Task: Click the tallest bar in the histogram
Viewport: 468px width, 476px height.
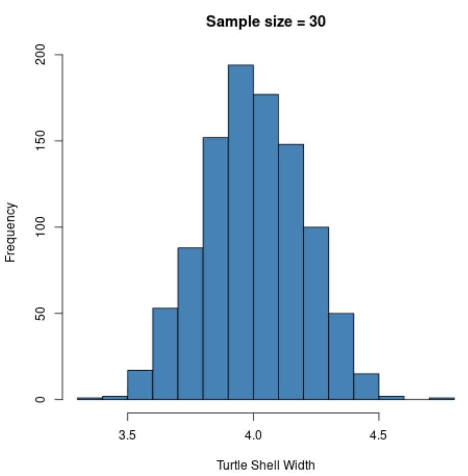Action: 241,231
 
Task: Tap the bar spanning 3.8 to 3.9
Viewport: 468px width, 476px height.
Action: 215,268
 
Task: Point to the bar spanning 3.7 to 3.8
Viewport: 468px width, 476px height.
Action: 190,323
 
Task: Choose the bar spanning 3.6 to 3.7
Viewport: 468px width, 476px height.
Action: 165,354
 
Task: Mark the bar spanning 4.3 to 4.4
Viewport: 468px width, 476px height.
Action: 341,356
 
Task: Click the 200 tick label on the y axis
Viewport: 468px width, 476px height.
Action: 41,55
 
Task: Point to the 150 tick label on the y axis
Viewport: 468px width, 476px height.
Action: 41,140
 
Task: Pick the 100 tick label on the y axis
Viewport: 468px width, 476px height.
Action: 41,227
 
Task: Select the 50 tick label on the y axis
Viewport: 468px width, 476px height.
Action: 41,313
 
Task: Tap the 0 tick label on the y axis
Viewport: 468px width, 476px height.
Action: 41,399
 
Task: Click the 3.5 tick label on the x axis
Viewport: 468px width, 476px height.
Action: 127,435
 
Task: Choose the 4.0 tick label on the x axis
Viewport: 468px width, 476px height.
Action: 253,435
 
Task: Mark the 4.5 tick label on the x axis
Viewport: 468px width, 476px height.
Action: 379,435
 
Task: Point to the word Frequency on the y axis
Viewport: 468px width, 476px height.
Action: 11,232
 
